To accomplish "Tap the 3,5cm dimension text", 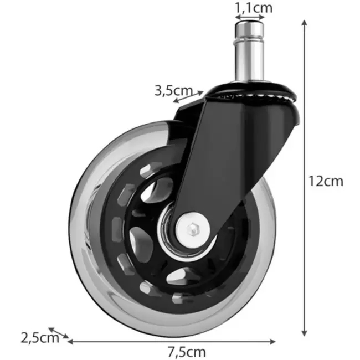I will point(173,90).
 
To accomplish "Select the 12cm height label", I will point(326,181).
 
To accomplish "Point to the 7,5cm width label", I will point(186,352).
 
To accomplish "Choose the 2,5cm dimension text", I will point(39,337).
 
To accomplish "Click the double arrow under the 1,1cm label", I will point(250,20).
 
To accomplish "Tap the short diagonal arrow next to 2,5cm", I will point(59,332).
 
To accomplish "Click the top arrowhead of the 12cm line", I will point(304,23).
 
